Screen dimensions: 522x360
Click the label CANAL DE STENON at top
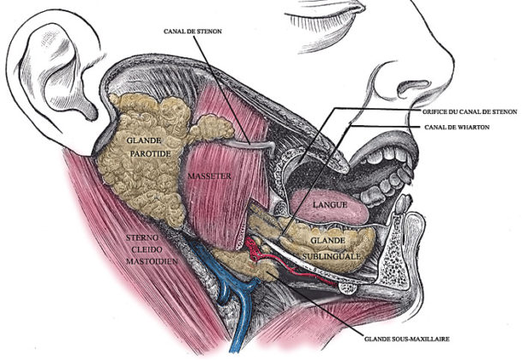[x=192, y=32]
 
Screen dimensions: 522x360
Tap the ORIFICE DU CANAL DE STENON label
[x=470, y=112]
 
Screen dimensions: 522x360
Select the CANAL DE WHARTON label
[x=457, y=127]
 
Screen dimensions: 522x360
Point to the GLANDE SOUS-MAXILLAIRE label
[x=407, y=339]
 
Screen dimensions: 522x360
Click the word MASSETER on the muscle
[x=209, y=176]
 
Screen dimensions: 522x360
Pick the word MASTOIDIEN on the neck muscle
[x=152, y=261]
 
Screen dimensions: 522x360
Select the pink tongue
[x=330, y=207]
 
